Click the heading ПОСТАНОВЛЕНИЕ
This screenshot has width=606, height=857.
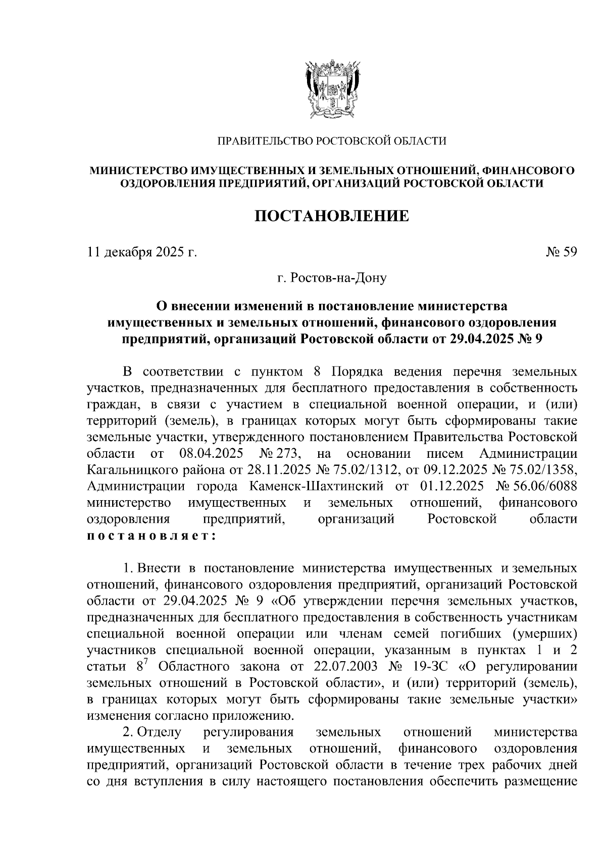pos(331,217)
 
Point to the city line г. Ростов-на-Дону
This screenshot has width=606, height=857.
pos(332,278)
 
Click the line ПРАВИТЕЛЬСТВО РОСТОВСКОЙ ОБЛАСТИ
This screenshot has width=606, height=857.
pos(332,141)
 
